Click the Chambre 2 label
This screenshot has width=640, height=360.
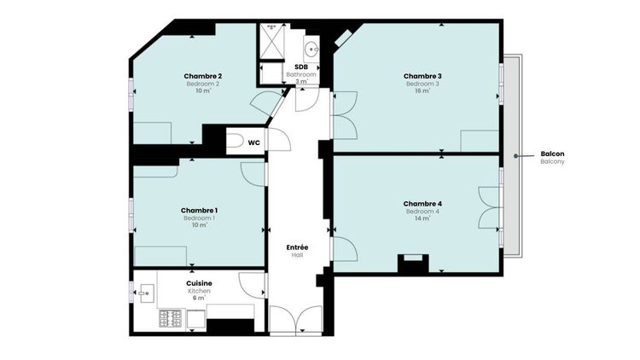(x=203, y=76)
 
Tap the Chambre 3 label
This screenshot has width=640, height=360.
(x=422, y=76)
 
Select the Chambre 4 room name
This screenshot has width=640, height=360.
(x=422, y=204)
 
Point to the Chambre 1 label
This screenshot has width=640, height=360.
(x=199, y=211)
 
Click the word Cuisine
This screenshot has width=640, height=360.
(x=199, y=283)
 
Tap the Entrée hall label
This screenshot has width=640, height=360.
(x=297, y=247)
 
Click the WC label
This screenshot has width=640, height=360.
(x=254, y=142)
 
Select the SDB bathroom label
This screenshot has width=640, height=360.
(x=301, y=67)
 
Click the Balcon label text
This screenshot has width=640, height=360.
(x=552, y=154)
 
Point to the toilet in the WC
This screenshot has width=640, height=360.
(x=236, y=141)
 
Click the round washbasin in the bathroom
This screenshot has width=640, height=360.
(x=311, y=49)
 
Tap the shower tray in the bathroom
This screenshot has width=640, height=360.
(x=271, y=41)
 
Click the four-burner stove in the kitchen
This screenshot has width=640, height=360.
(x=170, y=318)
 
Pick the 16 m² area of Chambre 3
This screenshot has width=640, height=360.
(x=422, y=91)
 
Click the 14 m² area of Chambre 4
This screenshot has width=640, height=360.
(x=422, y=218)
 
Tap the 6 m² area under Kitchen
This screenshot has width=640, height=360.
(x=199, y=298)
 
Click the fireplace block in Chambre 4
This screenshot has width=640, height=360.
(x=413, y=264)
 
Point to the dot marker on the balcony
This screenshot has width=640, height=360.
(x=516, y=156)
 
